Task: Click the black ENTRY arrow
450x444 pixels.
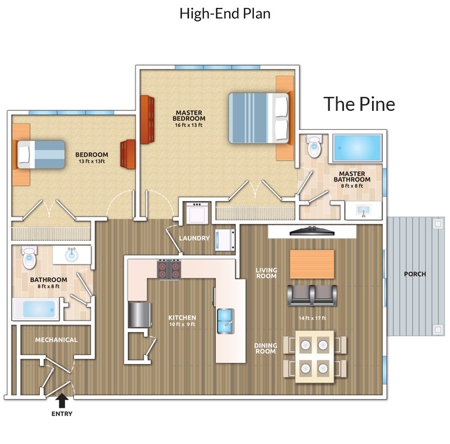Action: pos(62,400)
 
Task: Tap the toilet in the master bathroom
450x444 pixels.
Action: pos(314,146)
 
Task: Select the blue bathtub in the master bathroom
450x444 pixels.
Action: pos(358,148)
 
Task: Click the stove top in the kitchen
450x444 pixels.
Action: pos(169,270)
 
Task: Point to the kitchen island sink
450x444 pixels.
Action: pos(226,321)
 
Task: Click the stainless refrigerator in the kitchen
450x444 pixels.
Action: pos(140,315)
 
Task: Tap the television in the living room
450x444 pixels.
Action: pos(312,231)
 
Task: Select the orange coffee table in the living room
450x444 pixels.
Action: pos(312,264)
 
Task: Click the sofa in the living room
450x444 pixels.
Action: pos(312,296)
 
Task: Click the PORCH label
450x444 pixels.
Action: pos(415,274)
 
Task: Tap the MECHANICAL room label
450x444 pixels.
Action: pos(56,340)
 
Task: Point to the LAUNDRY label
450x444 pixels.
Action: pos(194,238)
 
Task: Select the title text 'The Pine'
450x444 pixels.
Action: pos(359,104)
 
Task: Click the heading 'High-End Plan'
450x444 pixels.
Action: pos(225,13)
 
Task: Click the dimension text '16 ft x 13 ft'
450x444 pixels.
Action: pos(189,125)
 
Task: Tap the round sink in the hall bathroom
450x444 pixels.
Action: pos(72,255)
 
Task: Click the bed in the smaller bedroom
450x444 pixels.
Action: pos(41,155)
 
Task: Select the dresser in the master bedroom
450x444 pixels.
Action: pos(147,120)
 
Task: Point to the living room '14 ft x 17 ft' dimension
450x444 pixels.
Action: pos(312,318)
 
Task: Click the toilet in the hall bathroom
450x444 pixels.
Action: pos(29,257)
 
